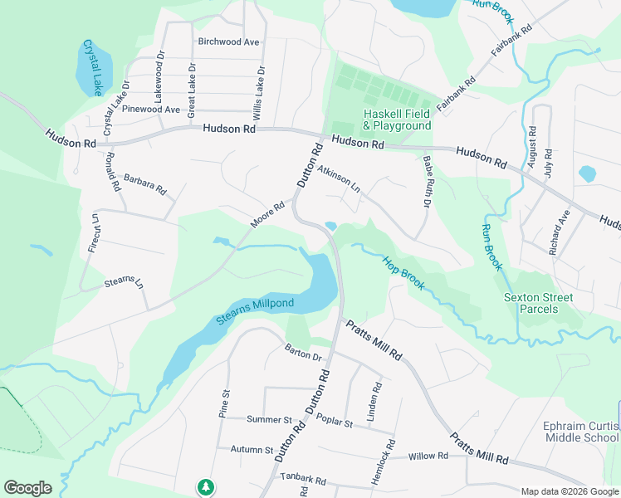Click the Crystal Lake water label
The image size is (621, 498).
(x=95, y=66)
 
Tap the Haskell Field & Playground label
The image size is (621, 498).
(x=397, y=120)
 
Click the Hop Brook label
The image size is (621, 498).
(x=403, y=272)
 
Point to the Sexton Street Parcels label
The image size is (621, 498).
(x=538, y=303)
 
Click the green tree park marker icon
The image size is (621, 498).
(x=205, y=486)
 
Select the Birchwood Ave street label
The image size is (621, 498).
(x=228, y=41)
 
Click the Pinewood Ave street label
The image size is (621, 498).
(x=150, y=109)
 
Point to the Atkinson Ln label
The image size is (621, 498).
(x=339, y=177)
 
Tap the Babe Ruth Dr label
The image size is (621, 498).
(x=428, y=181)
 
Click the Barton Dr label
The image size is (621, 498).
(x=302, y=353)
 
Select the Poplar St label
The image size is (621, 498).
(x=336, y=423)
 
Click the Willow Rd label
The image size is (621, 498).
(x=428, y=456)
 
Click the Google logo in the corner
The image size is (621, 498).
(x=27, y=488)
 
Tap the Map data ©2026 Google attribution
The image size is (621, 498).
(x=569, y=491)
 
